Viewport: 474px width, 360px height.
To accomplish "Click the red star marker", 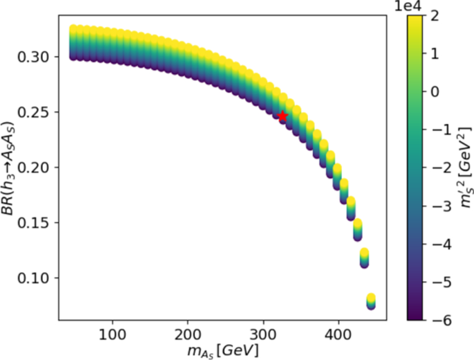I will click(282, 116).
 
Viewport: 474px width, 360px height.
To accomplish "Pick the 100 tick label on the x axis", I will click(111, 335).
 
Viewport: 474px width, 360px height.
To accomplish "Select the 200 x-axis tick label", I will click(188, 335).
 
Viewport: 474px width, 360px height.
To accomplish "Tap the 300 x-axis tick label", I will click(263, 335).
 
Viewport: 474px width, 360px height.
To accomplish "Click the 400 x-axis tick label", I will click(339, 335).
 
